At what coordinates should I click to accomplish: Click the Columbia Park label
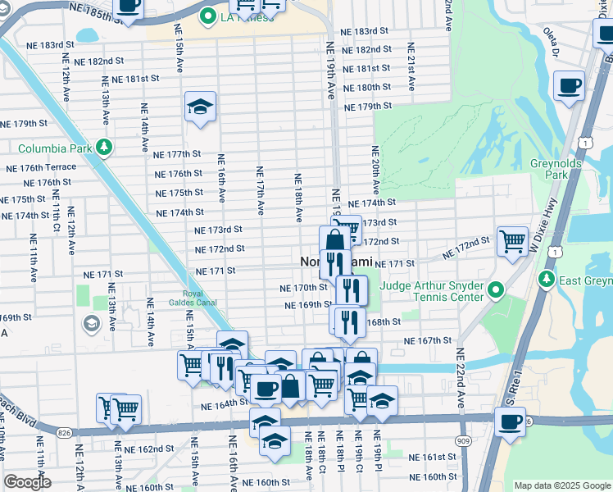[55, 148]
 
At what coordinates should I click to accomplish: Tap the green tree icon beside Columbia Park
[104, 148]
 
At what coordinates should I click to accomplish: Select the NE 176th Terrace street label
[41, 167]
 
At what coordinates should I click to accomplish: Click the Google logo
[28, 482]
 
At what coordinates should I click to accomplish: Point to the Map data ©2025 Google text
[562, 485]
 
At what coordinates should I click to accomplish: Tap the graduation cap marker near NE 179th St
[199, 107]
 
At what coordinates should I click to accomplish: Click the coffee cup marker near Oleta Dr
[569, 86]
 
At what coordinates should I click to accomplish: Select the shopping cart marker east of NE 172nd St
[512, 242]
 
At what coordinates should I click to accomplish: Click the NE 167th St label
[428, 340]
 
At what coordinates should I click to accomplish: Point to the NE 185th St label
[97, 11]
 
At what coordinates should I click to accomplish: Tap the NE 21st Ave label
[411, 75]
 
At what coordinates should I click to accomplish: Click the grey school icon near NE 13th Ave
[90, 325]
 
